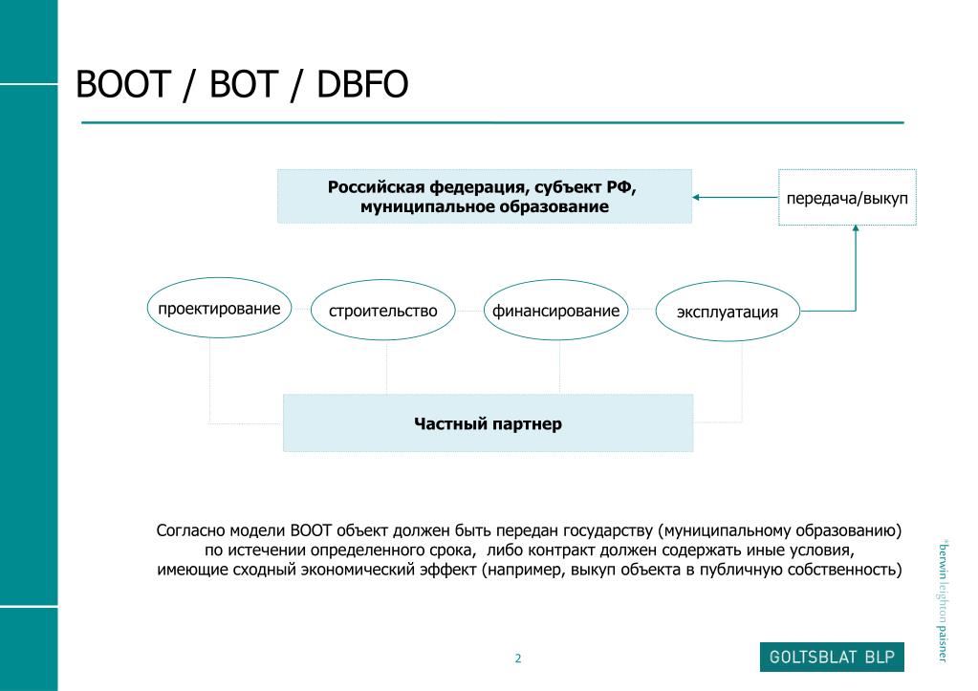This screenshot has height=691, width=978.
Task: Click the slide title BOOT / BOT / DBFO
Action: [242, 85]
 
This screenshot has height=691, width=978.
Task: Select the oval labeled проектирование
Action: [219, 311]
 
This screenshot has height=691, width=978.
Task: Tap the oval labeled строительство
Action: [383, 312]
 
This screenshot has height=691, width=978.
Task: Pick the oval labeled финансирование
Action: [555, 312]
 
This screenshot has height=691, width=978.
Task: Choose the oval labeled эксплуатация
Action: [728, 312]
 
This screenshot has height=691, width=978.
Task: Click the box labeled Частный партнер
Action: [488, 423]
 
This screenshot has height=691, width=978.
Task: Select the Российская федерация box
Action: [484, 196]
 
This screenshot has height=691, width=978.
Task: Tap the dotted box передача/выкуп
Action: [847, 198]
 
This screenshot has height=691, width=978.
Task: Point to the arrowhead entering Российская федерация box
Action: [698, 197]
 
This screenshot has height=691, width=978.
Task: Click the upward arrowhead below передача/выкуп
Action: [856, 231]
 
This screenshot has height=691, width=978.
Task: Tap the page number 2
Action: [518, 659]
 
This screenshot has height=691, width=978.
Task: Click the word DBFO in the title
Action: [363, 85]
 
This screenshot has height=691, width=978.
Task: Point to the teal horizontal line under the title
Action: [491, 122]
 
